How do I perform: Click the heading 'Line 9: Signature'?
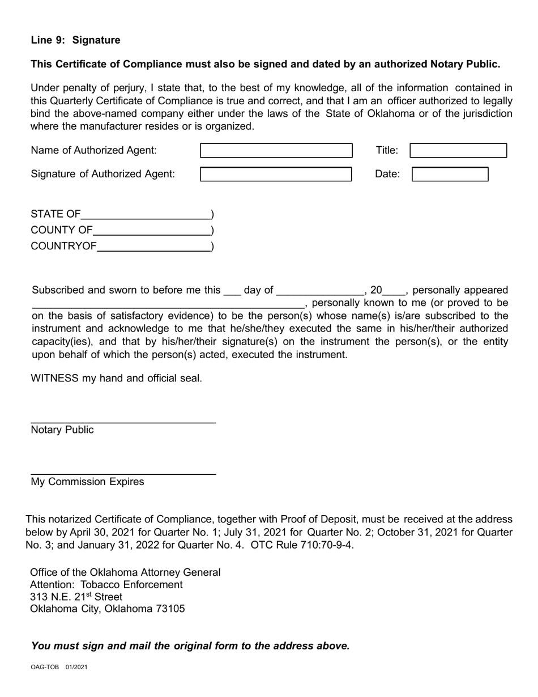(75, 40)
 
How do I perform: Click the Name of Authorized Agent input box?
(276, 151)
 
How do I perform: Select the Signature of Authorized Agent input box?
(276, 174)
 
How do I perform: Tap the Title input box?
(458, 151)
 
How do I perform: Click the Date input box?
(450, 174)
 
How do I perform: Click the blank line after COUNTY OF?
(151, 231)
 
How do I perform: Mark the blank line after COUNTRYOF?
(153, 247)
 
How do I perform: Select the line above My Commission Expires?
(123, 473)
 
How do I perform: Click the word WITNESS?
(54, 378)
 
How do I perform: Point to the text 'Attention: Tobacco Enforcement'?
(106, 584)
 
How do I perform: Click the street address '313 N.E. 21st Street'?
(76, 597)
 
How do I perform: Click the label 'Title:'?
(387, 151)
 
